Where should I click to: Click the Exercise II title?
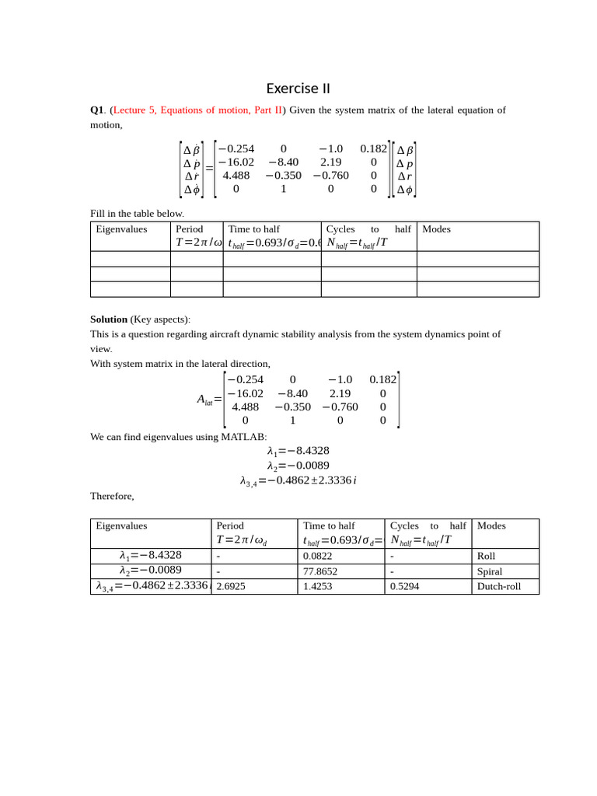tap(298, 89)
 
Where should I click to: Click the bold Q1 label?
tap(97, 110)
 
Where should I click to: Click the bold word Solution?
tap(108, 319)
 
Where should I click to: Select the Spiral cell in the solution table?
tap(489, 571)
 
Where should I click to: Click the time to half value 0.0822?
tap(317, 557)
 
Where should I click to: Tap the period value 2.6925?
tap(231, 586)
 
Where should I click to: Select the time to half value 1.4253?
tap(317, 586)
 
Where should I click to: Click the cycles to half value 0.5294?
tap(404, 586)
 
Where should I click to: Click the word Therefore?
tap(112, 496)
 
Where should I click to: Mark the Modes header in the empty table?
tap(436, 229)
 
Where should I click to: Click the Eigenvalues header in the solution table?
tap(121, 526)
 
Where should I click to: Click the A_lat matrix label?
tap(208, 400)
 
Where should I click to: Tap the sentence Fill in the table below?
tap(138, 214)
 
